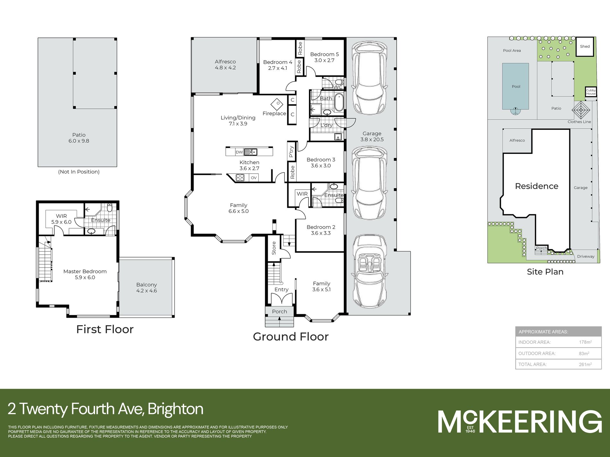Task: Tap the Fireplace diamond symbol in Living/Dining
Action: pos(277,104)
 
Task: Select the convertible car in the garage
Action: pos(369,271)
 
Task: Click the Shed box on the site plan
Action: pos(585,47)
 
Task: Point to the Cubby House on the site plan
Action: pos(591,92)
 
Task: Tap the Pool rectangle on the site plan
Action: pos(516,86)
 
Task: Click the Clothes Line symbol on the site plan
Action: pos(581,110)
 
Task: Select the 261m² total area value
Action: pos(585,364)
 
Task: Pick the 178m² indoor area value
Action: pos(585,342)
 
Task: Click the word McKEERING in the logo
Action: pos(520,421)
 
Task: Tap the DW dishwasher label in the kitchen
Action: pos(239,152)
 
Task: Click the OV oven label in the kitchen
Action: pos(254,178)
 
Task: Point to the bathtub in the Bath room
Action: pos(339,102)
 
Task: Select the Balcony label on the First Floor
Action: pos(146,284)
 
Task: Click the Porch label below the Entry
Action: pos(279,311)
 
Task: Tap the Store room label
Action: pos(274,248)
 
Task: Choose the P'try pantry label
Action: pos(291,152)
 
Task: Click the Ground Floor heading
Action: pos(291,336)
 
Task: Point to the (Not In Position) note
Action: pos(79,172)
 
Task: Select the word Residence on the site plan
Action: pos(536,186)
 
